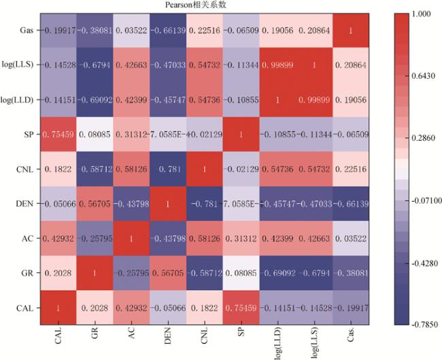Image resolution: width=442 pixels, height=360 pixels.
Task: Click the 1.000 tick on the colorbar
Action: point(422,14)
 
